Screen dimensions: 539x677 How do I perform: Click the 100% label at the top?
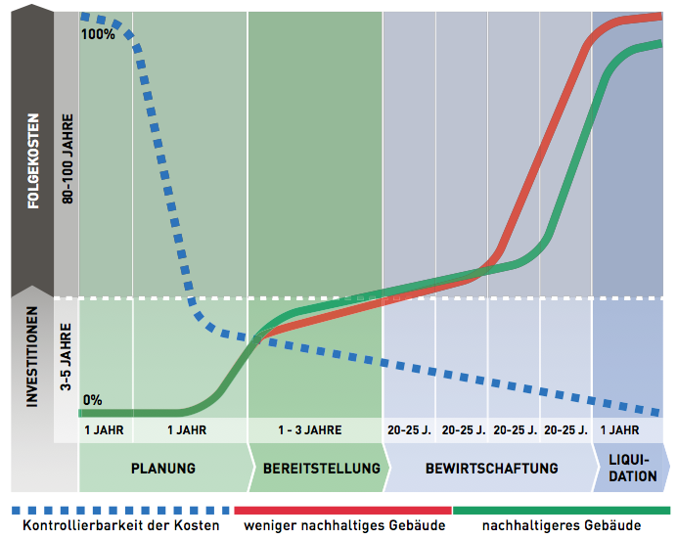click(x=99, y=33)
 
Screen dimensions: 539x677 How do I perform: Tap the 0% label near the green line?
click(x=92, y=399)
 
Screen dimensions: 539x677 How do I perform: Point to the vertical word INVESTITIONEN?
click(x=32, y=357)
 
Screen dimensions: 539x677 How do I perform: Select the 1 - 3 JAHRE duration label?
click(x=309, y=429)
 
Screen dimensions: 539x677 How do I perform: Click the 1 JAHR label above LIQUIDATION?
click(x=619, y=429)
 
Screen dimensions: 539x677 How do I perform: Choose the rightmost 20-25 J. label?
click(x=564, y=429)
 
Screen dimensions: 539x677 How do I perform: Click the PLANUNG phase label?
click(x=163, y=468)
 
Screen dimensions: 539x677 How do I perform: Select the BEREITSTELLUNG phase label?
click(x=321, y=468)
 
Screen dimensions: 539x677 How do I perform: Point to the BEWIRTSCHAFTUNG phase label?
click(x=492, y=468)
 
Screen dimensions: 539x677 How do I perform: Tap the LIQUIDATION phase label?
click(x=632, y=468)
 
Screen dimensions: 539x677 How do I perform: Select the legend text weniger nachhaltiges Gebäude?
click(x=344, y=525)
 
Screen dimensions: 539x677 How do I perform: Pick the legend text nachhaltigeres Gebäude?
click(x=562, y=525)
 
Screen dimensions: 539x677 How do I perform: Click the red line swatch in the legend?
click(x=342, y=510)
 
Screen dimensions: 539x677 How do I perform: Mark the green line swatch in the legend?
click(x=562, y=510)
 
